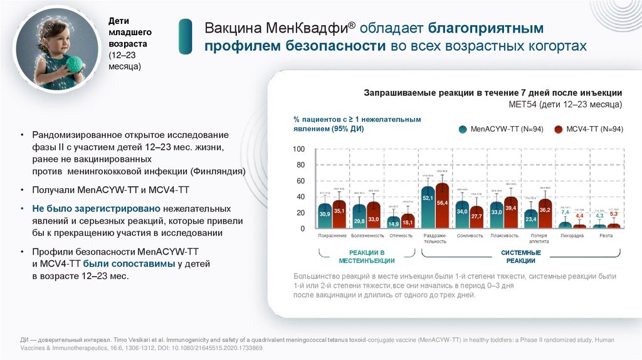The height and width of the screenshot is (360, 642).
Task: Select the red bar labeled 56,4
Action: (443, 206)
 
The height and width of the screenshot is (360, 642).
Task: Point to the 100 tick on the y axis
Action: (298, 149)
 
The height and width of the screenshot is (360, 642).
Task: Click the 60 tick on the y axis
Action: (300, 181)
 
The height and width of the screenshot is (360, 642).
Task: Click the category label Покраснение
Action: (332, 236)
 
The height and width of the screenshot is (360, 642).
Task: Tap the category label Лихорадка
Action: (572, 236)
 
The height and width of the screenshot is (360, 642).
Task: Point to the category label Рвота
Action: (606, 236)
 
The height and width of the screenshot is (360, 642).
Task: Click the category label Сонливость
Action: (470, 236)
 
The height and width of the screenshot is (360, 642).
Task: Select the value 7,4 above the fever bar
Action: (566, 213)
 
